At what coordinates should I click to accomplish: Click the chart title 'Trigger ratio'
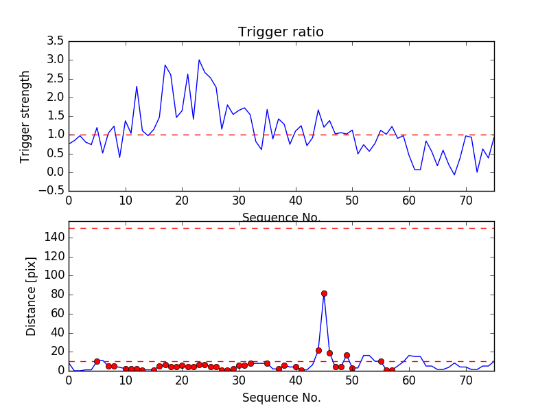281,32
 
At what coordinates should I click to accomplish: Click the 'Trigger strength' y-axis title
25,116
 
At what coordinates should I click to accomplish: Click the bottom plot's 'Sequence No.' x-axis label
281,398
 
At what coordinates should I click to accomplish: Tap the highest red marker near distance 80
324,293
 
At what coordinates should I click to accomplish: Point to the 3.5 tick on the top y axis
56,41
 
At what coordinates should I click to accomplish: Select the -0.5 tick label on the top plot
51,191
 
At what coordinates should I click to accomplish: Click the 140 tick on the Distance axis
56,238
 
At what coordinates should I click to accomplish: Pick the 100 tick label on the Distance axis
56,275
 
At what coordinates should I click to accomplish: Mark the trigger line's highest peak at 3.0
199,60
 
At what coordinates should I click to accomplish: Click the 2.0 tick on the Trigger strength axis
56,98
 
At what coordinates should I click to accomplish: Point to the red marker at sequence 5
97,361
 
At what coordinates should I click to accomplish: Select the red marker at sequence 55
381,361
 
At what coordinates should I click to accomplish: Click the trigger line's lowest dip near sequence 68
454,175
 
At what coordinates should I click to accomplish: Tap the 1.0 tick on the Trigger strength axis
56,135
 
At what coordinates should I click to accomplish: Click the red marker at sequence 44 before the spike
318,350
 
